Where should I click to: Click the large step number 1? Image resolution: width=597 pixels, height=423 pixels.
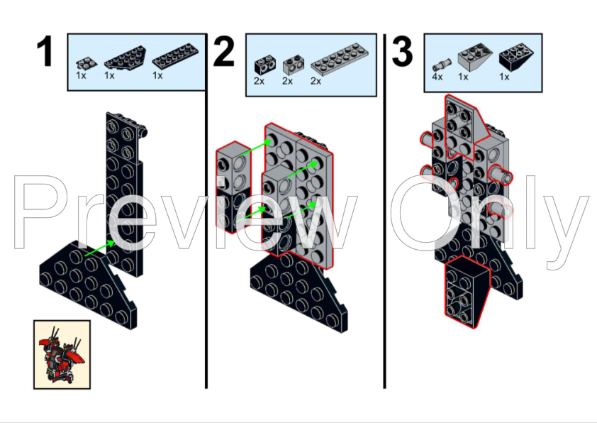45,51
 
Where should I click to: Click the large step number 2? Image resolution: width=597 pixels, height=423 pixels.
223,51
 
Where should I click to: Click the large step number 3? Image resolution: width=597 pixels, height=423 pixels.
402,51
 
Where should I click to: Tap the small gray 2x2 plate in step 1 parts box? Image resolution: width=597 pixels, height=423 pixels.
87,63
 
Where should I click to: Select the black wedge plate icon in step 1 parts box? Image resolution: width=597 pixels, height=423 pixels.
125,57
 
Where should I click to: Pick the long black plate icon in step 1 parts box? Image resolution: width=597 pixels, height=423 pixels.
175,56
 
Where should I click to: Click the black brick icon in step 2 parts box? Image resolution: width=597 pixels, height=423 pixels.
265,65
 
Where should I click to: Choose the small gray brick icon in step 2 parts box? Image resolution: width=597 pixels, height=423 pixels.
294,65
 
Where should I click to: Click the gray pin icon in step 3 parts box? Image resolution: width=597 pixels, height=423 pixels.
442,65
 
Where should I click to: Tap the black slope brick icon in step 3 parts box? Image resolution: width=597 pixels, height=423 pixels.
516,57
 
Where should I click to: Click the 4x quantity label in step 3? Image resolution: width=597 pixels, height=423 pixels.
437,77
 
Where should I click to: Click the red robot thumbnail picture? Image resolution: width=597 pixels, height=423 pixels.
62,354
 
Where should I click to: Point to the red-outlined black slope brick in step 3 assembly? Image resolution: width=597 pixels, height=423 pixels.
467,292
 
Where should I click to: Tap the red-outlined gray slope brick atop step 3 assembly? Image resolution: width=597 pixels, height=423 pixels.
467,128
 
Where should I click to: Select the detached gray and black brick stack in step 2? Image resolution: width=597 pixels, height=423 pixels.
233,187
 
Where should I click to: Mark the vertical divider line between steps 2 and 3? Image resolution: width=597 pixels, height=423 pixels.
384,211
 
